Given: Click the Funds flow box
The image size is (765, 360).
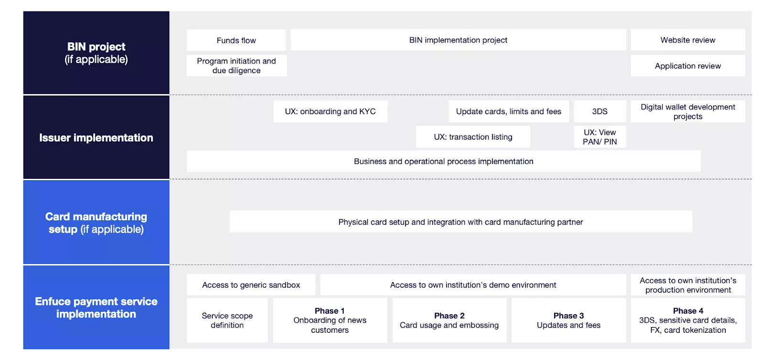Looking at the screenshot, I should [x=236, y=40].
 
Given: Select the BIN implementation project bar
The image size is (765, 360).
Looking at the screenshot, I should [x=458, y=40].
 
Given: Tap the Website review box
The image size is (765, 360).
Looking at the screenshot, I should [x=688, y=40].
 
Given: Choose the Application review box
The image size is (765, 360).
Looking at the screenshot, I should [x=688, y=66].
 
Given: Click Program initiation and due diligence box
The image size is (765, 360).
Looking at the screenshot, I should [x=236, y=65].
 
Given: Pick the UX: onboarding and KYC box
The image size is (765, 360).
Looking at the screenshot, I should [x=330, y=111].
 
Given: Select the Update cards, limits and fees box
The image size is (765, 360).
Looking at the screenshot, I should [x=508, y=111].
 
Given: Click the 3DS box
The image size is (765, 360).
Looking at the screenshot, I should [x=600, y=111].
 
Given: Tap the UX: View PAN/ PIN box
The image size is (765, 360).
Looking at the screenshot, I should [x=600, y=137].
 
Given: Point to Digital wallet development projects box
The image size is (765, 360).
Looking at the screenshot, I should [x=688, y=111].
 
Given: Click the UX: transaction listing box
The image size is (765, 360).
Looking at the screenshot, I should [x=473, y=137].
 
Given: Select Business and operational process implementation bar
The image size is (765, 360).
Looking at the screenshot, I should [x=443, y=162].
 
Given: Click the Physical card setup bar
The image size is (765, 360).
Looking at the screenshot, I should [x=460, y=222].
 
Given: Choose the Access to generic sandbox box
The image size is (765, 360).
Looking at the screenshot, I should [x=251, y=285].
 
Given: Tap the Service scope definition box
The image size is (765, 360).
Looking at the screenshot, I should [x=227, y=320].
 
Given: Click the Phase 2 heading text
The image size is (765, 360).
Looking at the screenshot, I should [x=449, y=316].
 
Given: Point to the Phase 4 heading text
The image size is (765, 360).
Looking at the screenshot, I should [x=688, y=311].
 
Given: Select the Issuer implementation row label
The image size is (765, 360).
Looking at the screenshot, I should [x=96, y=138].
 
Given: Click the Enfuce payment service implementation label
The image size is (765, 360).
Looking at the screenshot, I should [x=96, y=307].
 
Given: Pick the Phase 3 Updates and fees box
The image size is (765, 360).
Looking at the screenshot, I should [x=568, y=320].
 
